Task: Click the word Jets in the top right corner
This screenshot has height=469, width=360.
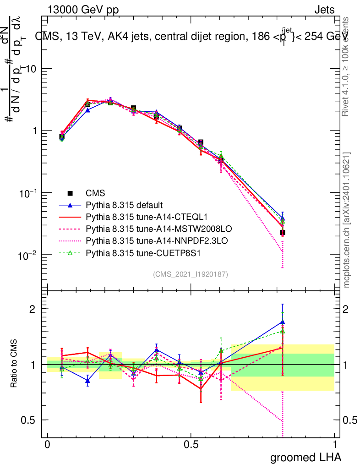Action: [x=324, y=10]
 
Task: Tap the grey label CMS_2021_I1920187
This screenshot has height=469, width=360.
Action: [x=191, y=274]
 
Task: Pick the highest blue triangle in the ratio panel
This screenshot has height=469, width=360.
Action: [x=283, y=322]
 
